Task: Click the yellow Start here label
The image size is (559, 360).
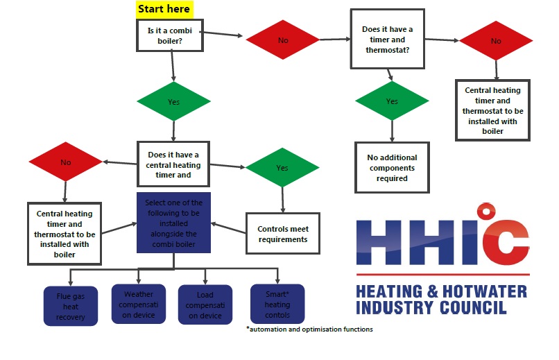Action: click(x=164, y=9)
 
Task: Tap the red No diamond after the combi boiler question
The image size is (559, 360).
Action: click(x=283, y=40)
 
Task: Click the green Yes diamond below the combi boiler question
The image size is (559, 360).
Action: click(x=173, y=101)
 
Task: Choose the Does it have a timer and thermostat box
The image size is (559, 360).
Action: click(x=387, y=39)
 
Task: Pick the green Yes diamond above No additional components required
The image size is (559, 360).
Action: click(x=392, y=101)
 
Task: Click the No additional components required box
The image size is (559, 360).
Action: click(x=392, y=168)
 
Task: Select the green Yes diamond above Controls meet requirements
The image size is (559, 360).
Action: click(x=282, y=168)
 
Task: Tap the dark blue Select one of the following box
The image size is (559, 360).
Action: click(x=173, y=223)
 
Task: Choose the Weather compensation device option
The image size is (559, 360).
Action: click(x=139, y=304)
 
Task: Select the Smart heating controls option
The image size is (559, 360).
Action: click(x=277, y=304)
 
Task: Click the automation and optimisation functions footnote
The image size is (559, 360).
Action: click(x=309, y=329)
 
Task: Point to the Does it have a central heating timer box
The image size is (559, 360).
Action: click(x=173, y=165)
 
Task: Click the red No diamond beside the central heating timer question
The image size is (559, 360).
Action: click(x=65, y=162)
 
